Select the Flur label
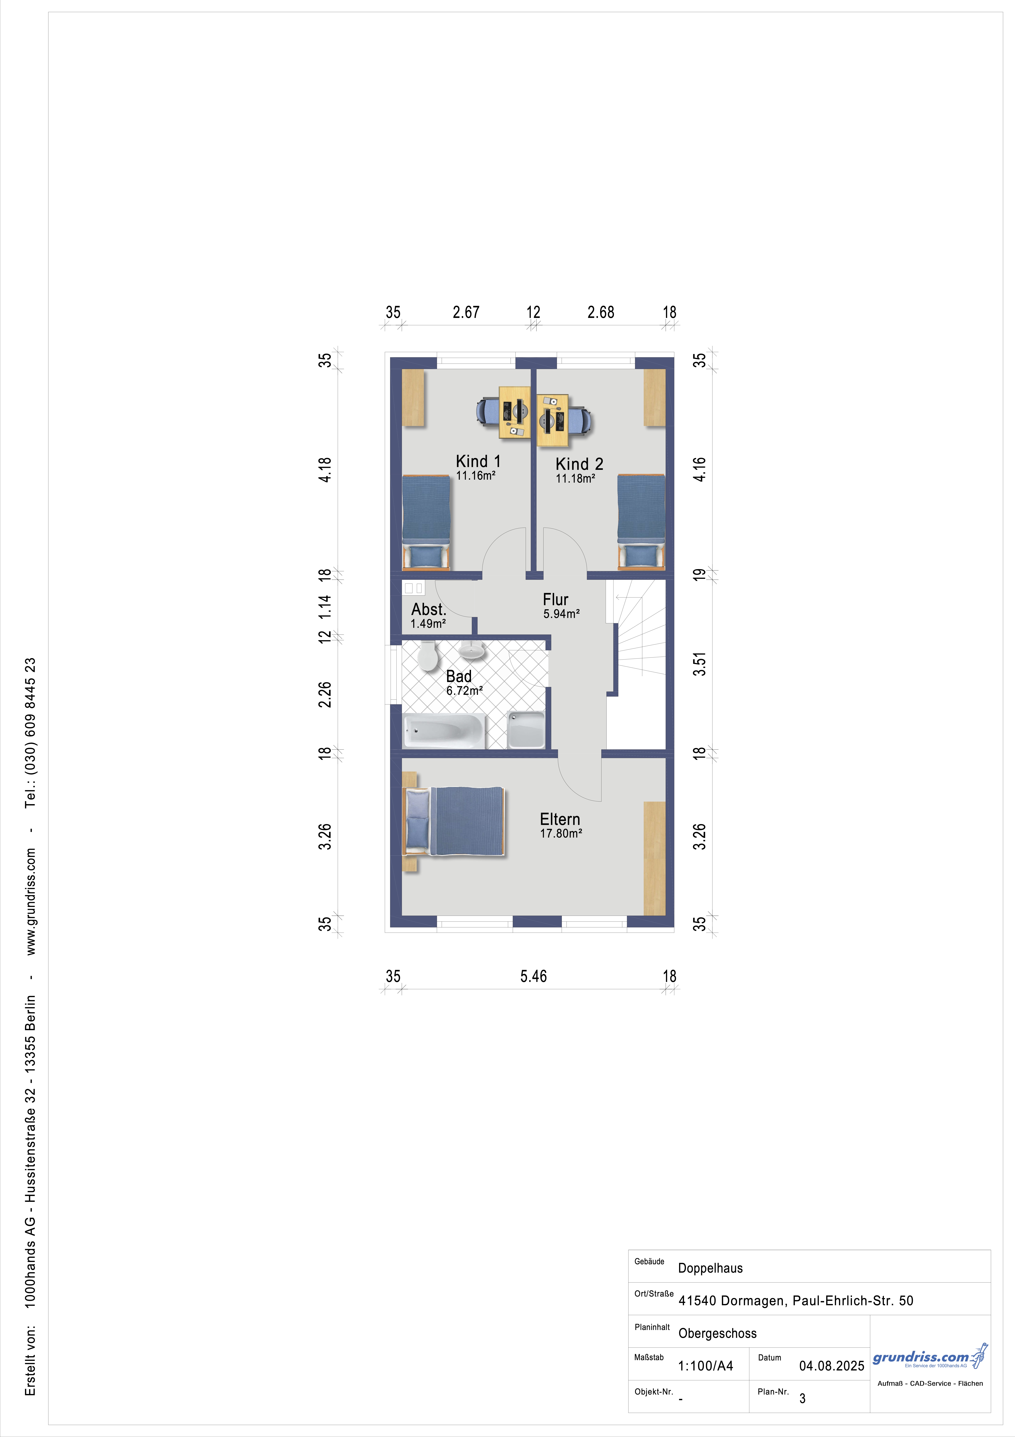(x=555, y=600)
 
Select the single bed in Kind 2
(x=641, y=522)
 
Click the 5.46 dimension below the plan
(x=534, y=976)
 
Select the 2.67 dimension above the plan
(x=466, y=312)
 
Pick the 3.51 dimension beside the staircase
(x=700, y=664)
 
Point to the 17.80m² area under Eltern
(x=561, y=834)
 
